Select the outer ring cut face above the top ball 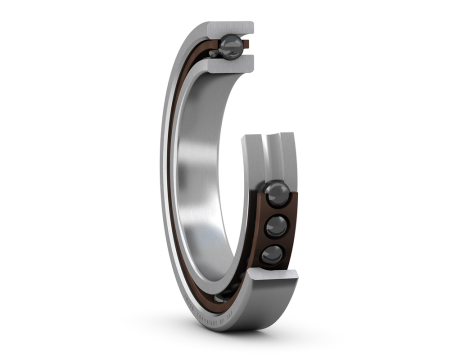pyautogui.click(x=232, y=27)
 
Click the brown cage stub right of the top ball pyautogui.click(x=247, y=46)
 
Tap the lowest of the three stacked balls pyautogui.click(x=272, y=255)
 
